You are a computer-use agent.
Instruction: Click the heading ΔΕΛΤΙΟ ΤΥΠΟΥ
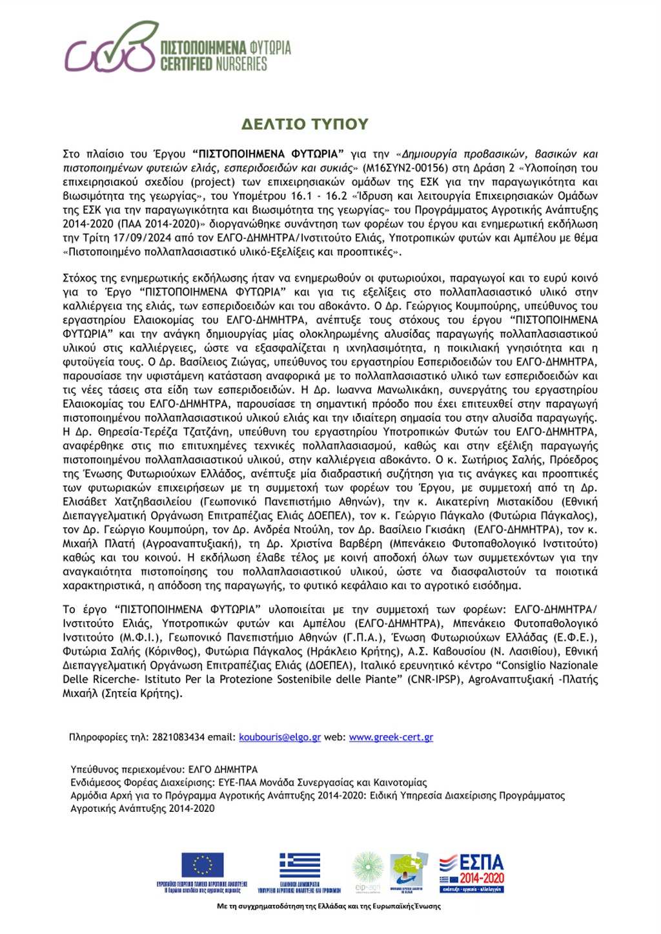[305, 124]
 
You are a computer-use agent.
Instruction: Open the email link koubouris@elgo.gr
[280, 737]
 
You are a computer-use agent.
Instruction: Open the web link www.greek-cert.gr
[391, 737]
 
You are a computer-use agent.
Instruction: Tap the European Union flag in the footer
[202, 865]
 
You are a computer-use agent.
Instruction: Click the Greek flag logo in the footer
[300, 866]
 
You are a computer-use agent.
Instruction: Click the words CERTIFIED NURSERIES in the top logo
[214, 64]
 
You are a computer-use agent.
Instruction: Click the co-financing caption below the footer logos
[329, 906]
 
